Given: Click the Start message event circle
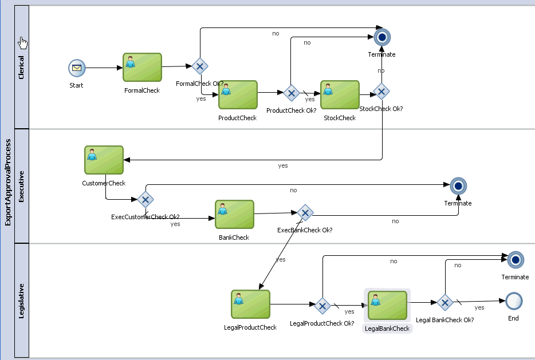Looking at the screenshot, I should click(x=76, y=69).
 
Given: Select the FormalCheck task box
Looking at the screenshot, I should click(x=142, y=68).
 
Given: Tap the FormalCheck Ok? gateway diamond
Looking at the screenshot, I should click(x=199, y=66).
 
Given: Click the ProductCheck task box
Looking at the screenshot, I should click(x=238, y=94).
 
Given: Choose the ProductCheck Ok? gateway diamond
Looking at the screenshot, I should click(x=291, y=93).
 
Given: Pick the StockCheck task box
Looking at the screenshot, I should click(x=340, y=94).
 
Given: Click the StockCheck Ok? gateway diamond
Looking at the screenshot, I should click(x=381, y=92).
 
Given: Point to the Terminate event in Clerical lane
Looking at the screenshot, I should click(x=381, y=37).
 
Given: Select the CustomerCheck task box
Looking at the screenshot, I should click(x=104, y=160).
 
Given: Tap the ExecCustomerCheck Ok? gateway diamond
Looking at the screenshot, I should click(x=145, y=200).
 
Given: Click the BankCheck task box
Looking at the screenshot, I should click(x=234, y=215).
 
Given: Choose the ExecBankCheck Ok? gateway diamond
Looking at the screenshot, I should click(x=305, y=213).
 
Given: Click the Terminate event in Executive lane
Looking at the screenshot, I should click(x=458, y=185).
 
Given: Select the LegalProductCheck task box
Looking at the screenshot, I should click(x=250, y=304).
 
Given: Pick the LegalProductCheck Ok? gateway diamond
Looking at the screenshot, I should click(x=322, y=306).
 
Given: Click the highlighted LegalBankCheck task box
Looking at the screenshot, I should click(x=387, y=305).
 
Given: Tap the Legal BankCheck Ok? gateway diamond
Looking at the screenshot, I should click(x=445, y=302).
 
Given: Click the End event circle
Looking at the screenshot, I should click(x=513, y=300).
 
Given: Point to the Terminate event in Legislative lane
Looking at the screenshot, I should click(x=516, y=260).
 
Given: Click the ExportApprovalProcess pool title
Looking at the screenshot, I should click(x=8, y=182).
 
